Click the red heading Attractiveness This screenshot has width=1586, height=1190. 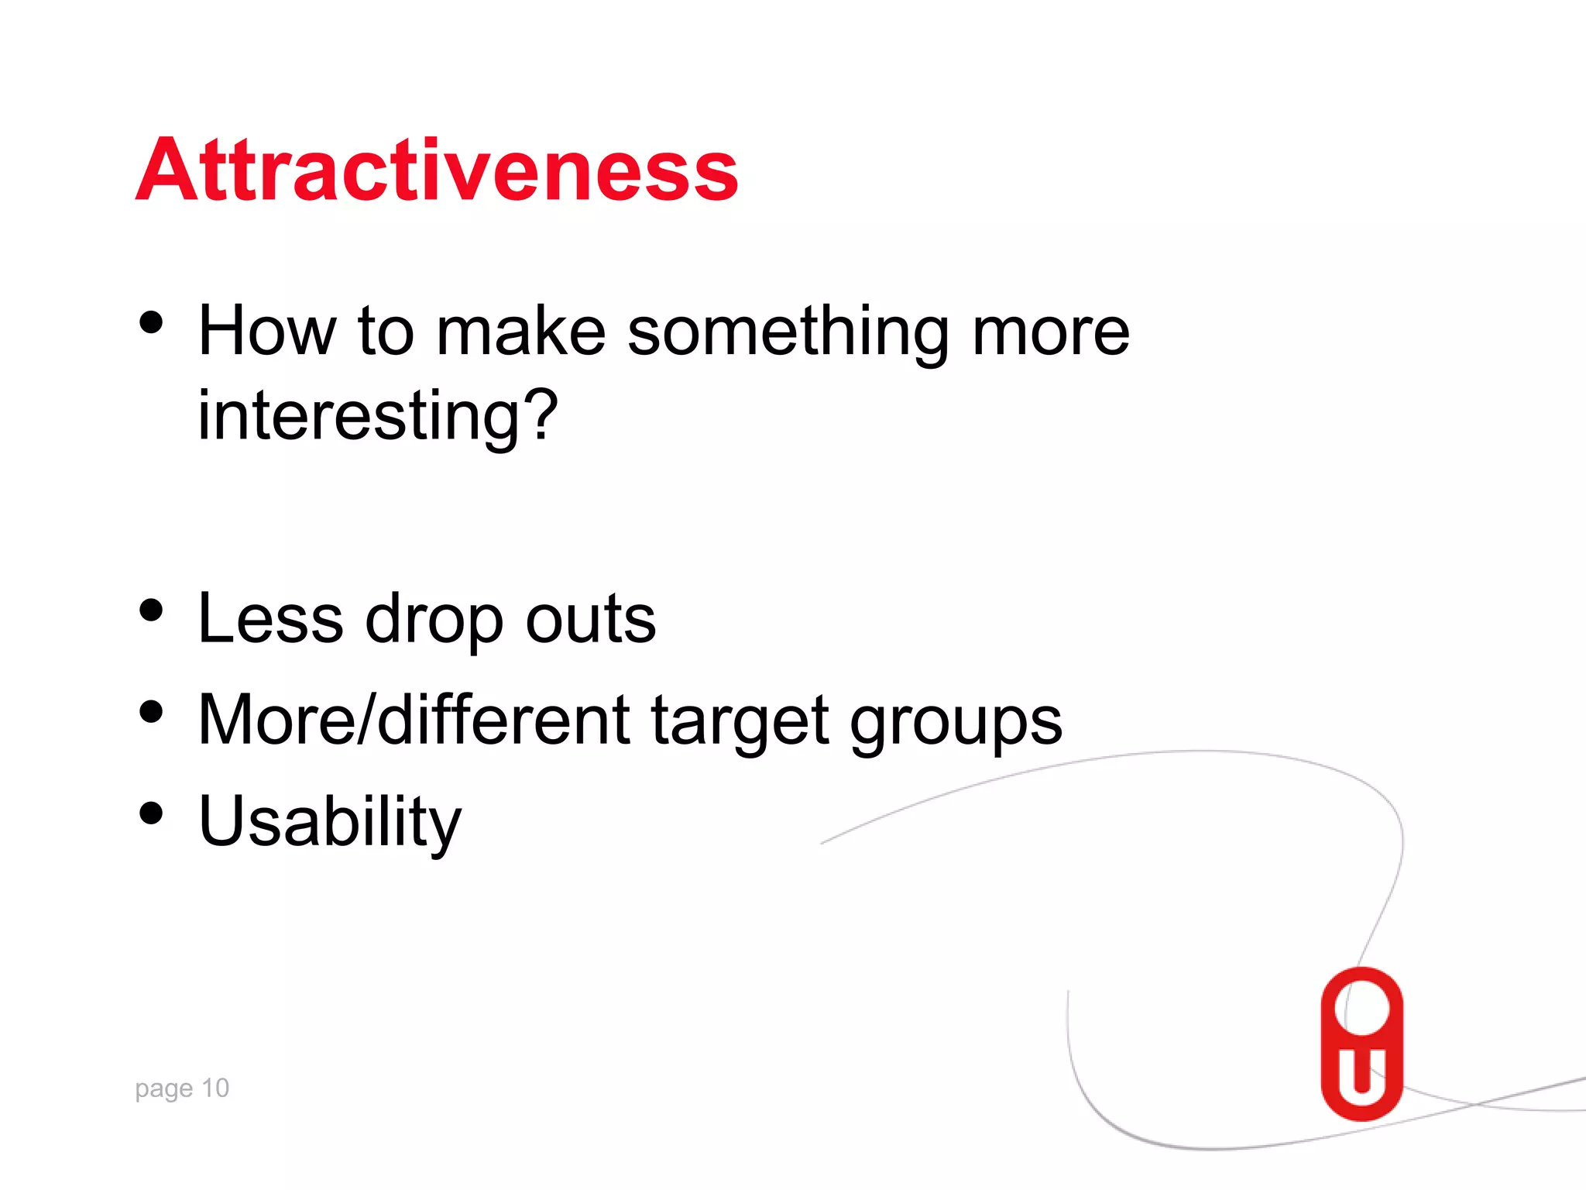(437, 170)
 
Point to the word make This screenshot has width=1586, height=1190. (520, 332)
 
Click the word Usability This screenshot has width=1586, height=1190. (329, 823)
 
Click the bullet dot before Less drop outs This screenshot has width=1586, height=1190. (152, 610)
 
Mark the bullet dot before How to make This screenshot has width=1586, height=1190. (152, 322)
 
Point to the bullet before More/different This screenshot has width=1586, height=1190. (152, 711)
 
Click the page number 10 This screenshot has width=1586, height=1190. (215, 1088)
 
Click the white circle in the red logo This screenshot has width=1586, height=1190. (1362, 1007)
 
